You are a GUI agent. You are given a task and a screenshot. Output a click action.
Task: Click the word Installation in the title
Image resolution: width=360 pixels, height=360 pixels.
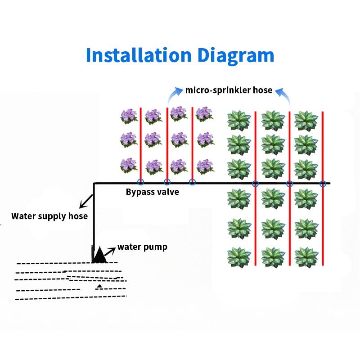pyautogui.click(x=139, y=55)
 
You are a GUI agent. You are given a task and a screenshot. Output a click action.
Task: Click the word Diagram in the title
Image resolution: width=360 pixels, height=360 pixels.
pyautogui.click(x=236, y=56)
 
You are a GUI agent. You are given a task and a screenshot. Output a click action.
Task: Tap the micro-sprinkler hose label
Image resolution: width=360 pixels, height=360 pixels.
pyautogui.click(x=229, y=90)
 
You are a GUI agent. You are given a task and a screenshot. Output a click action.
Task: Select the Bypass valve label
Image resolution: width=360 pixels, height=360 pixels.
pyautogui.click(x=153, y=192)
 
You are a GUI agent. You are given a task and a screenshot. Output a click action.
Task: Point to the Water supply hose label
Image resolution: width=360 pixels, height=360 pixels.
pyautogui.click(x=49, y=216)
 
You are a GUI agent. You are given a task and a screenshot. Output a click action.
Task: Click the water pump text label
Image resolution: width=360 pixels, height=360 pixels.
pyautogui.click(x=142, y=247)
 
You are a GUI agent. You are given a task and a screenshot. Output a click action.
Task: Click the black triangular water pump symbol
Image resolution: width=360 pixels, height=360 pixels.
pyautogui.click(x=99, y=255)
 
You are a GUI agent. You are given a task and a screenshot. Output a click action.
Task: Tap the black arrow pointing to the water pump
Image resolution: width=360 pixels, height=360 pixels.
pyautogui.click(x=110, y=252)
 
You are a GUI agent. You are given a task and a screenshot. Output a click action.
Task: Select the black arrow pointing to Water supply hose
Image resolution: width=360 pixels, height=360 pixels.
pyautogui.click(x=86, y=202)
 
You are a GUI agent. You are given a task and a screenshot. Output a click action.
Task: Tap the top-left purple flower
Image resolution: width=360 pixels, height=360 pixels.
pyautogui.click(x=129, y=117)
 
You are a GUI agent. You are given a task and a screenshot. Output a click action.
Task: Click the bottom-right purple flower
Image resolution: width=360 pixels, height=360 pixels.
pyautogui.click(x=205, y=166)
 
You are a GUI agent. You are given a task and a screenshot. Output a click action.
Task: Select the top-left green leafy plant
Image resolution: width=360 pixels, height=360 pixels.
pyautogui.click(x=239, y=121)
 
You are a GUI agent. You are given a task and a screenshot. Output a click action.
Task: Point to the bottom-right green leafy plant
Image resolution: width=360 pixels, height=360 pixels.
pyautogui.click(x=306, y=257)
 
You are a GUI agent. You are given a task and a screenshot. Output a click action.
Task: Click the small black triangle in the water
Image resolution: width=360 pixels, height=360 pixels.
pyautogui.click(x=99, y=286)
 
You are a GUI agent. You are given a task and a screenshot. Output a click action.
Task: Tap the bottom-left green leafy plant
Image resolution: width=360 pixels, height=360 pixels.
pyautogui.click(x=239, y=257)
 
